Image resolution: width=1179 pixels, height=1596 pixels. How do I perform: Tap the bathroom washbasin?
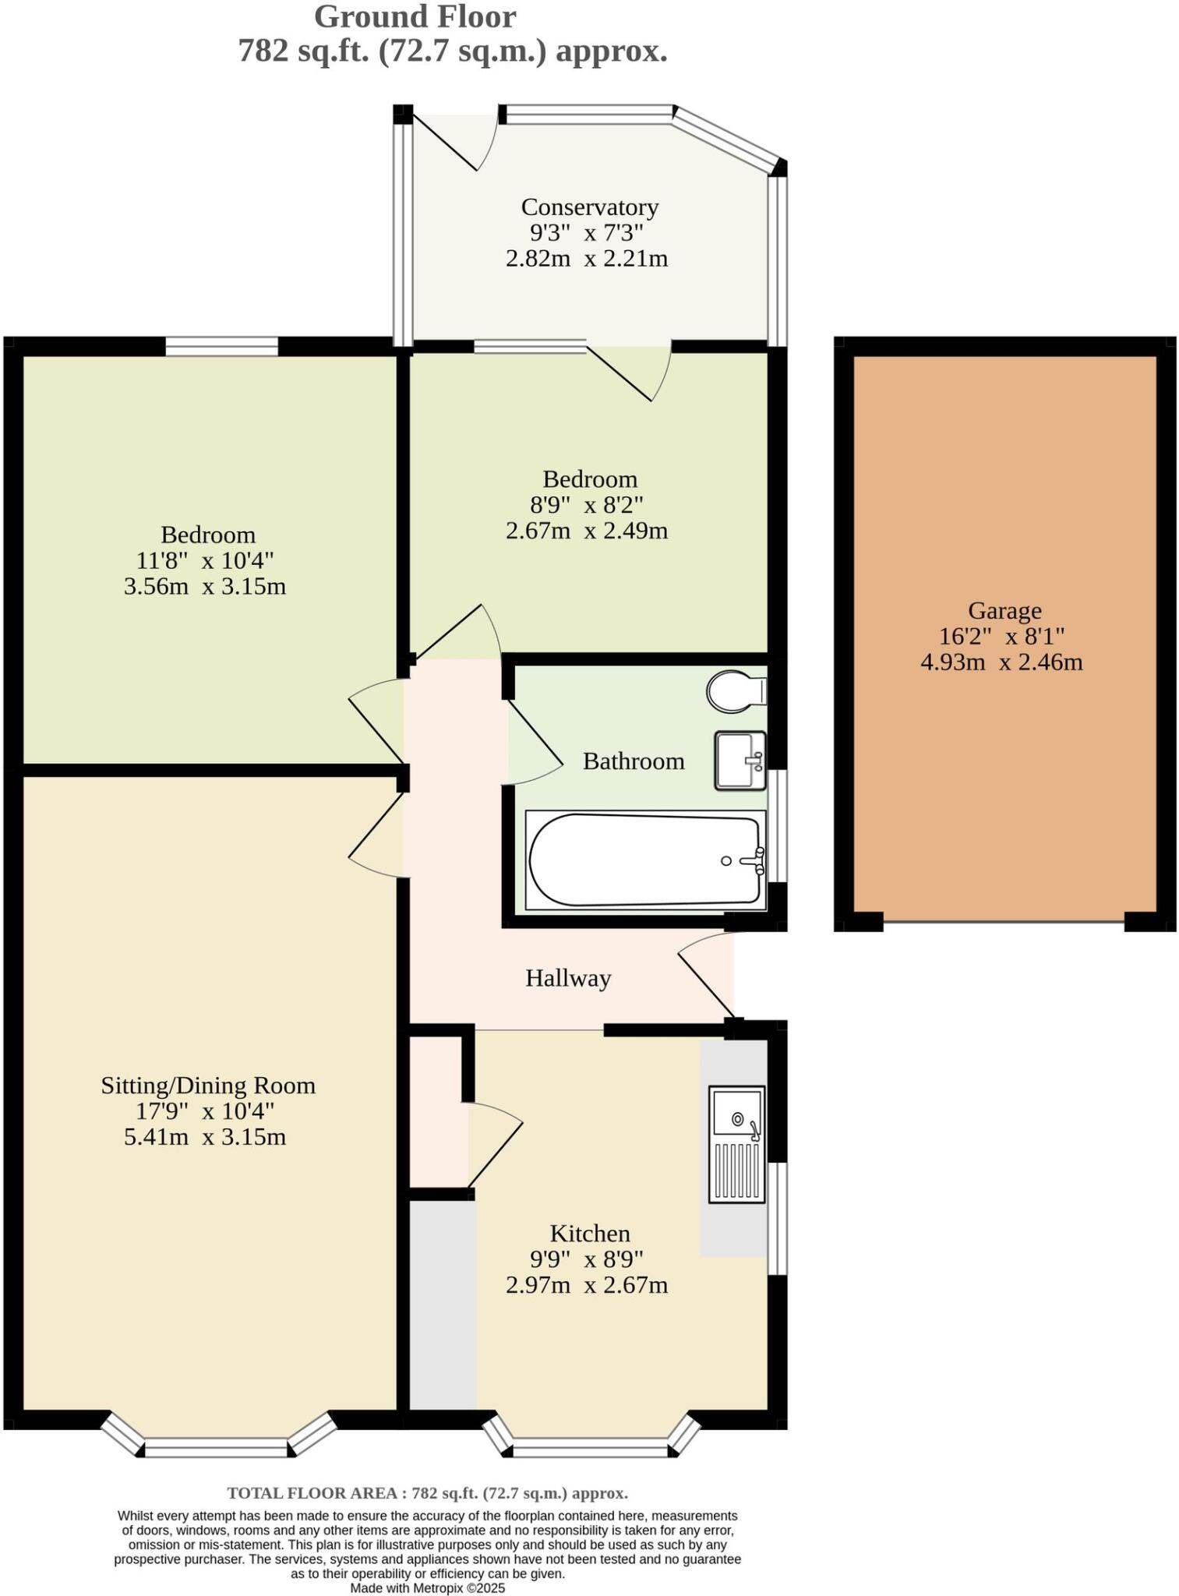(740, 760)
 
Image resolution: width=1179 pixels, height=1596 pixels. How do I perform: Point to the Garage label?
(1004, 610)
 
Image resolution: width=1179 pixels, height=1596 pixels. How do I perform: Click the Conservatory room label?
(589, 207)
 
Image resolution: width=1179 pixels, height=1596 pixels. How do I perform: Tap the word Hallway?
(567, 978)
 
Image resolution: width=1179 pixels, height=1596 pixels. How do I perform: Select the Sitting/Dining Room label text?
(208, 1086)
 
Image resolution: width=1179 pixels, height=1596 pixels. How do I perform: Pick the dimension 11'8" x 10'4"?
(205, 560)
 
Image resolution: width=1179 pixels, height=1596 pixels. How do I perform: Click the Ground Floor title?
(415, 17)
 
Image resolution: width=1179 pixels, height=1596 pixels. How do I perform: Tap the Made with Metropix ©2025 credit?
(427, 1587)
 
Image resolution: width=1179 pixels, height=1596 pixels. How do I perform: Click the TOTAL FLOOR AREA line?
(427, 1493)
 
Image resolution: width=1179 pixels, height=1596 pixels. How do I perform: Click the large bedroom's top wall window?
(221, 345)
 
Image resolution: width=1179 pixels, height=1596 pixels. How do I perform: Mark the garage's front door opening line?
(1004, 923)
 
